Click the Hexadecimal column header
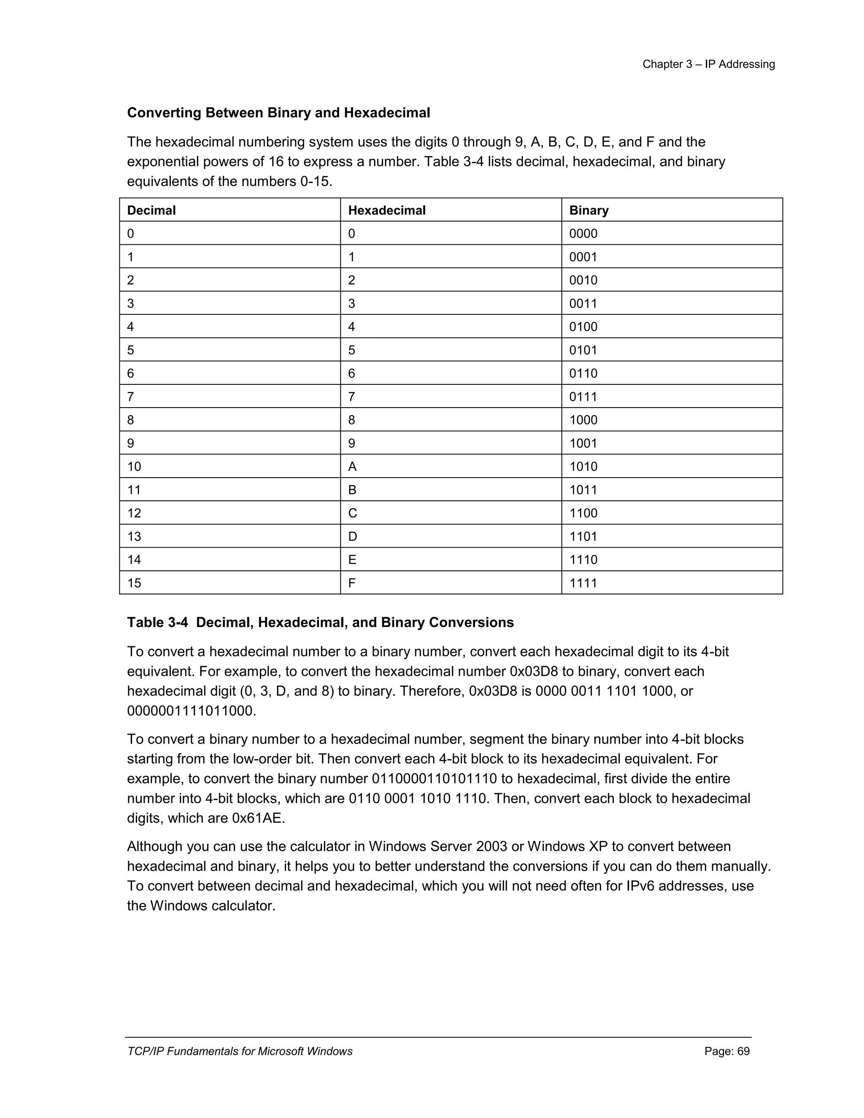pyautogui.click(x=386, y=211)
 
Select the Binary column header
pyautogui.click(x=589, y=211)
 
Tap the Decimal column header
pyautogui.click(x=151, y=211)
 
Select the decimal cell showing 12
pyautogui.click(x=134, y=513)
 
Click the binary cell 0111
pyautogui.click(x=583, y=397)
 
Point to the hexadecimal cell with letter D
pyautogui.click(x=352, y=537)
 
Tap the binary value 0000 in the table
pyautogui.click(x=583, y=234)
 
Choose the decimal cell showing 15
pyautogui.click(x=134, y=583)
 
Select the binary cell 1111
pyautogui.click(x=583, y=583)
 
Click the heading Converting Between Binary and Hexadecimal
pyautogui.click(x=278, y=113)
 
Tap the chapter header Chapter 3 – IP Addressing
pyautogui.click(x=708, y=65)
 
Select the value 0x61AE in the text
pyautogui.click(x=257, y=818)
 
